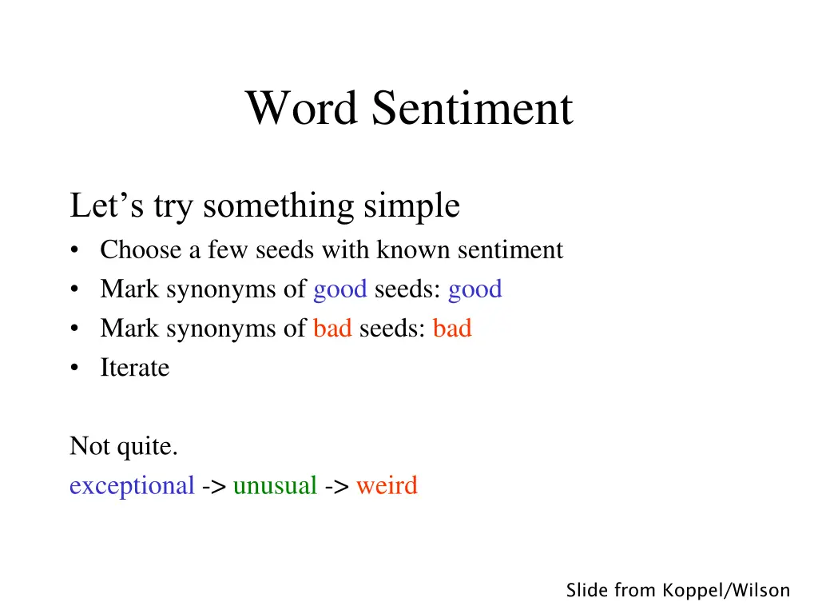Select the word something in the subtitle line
tap(280, 206)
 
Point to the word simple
tap(411, 206)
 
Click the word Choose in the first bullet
tap(141, 250)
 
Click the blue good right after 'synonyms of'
tap(340, 289)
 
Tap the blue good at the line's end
tap(475, 289)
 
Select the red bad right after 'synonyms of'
tap(332, 329)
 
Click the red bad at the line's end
tap(452, 329)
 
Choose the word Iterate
tap(134, 368)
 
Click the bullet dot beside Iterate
tap(74, 369)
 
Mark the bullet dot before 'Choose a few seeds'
tap(74, 251)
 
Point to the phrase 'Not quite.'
tap(123, 446)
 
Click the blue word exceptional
tap(132, 485)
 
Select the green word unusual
tap(275, 485)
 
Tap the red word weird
tap(387, 485)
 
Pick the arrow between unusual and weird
tap(336, 486)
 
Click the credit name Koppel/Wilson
tap(726, 591)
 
